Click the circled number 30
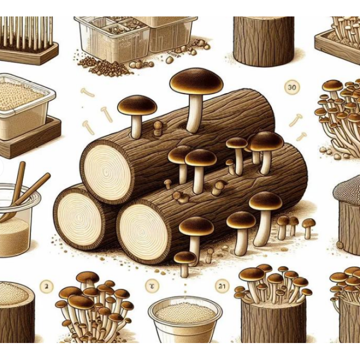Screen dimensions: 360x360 292,87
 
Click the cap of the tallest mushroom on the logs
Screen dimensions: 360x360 196,81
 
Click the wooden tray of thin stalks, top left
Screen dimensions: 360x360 26,39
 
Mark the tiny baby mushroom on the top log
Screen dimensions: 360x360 158,125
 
